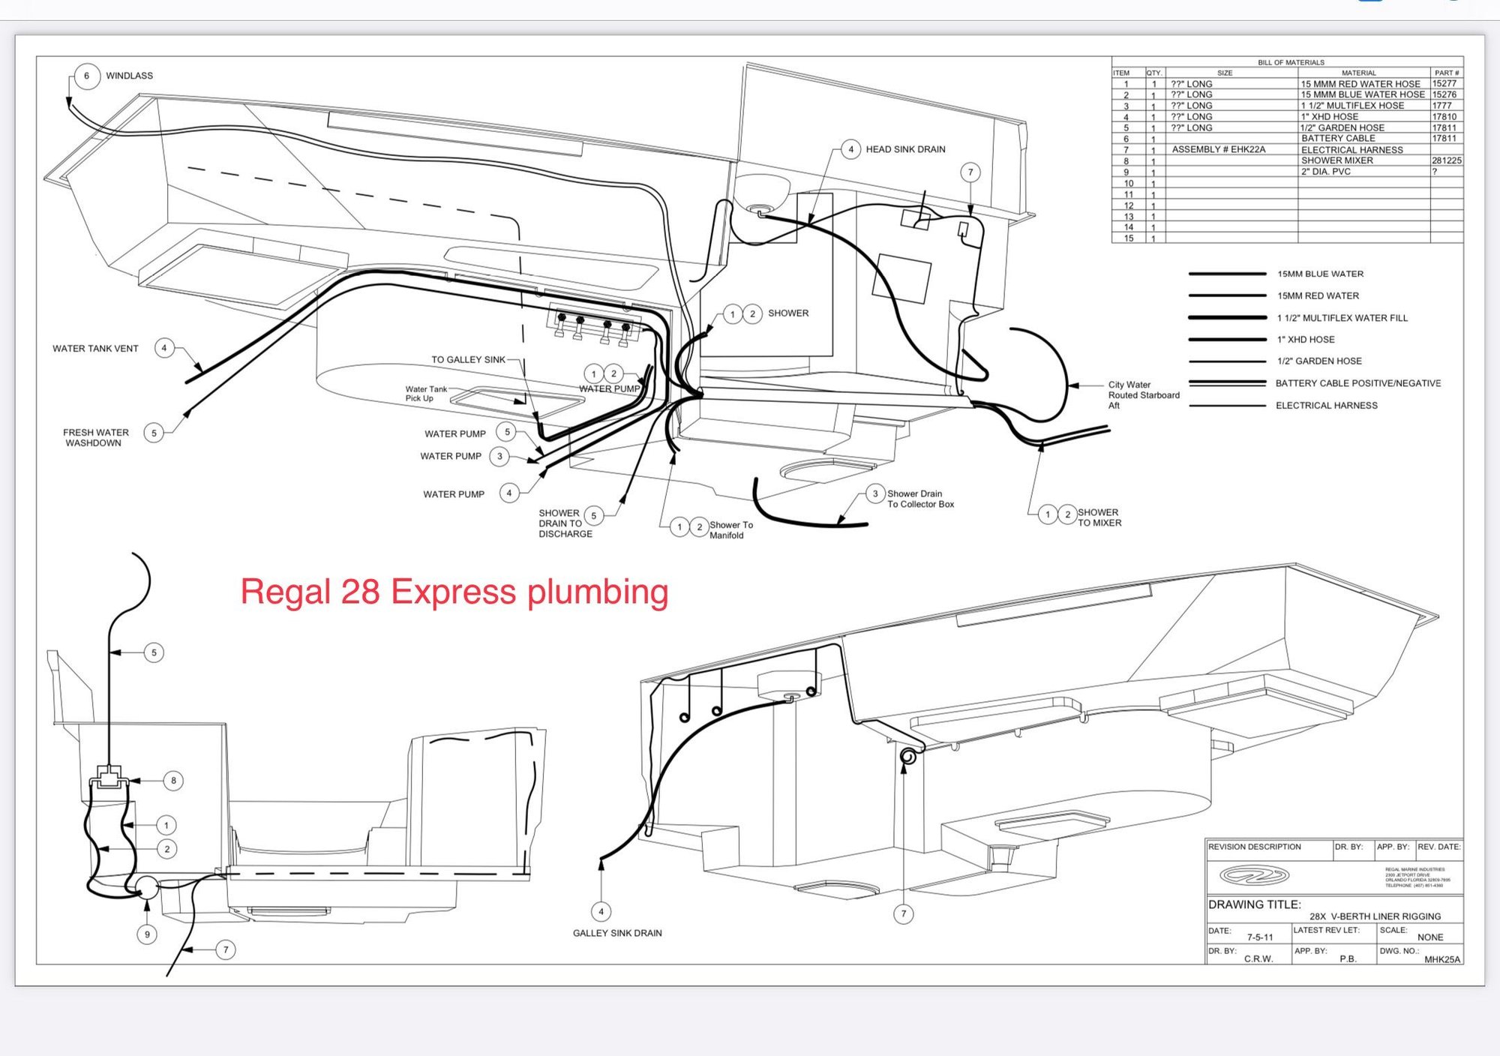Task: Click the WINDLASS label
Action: (129, 76)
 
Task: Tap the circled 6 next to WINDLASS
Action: (87, 76)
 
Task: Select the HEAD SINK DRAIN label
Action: (905, 149)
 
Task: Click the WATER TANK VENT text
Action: (95, 349)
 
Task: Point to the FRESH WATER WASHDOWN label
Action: (95, 438)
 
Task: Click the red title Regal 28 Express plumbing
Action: (454, 592)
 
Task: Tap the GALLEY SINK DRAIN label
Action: (617, 933)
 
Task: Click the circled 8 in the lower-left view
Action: (173, 781)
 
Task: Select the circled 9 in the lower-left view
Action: (147, 934)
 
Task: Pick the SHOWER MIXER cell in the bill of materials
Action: (1337, 160)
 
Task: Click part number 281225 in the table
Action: (1446, 160)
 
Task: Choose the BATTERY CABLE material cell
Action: (1338, 139)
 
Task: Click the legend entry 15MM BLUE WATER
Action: (1320, 274)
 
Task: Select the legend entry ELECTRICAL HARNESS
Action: (1326, 406)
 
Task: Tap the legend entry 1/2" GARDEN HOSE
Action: (1319, 361)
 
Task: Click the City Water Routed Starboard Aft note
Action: (1143, 395)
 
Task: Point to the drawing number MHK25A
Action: (1442, 959)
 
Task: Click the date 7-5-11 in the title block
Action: (1260, 937)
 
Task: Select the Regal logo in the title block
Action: (1254, 875)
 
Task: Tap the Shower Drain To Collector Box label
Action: (920, 499)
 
